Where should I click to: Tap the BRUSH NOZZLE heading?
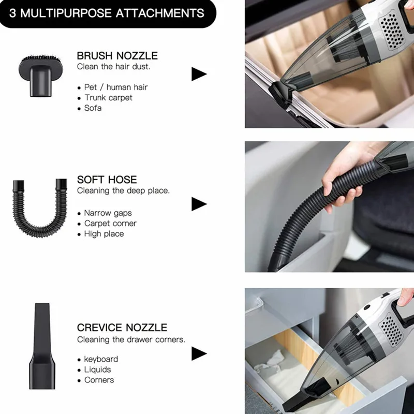[117, 56]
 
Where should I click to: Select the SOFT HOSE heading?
[107, 180]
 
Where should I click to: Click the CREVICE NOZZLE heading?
[122, 328]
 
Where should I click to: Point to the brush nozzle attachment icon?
[41, 76]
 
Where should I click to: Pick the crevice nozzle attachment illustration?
[42, 346]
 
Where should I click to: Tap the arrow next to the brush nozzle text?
[199, 74]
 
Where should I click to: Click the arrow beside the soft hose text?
[199, 204]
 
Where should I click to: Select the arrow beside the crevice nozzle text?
[199, 353]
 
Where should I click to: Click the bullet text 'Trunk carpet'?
[108, 98]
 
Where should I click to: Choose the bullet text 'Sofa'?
[93, 108]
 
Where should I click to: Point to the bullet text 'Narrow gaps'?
[108, 213]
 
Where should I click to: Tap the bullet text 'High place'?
[104, 234]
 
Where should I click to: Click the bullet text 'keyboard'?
[101, 359]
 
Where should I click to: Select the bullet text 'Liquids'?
[97, 369]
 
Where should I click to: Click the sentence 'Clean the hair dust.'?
[113, 67]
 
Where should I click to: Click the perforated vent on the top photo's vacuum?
[392, 30]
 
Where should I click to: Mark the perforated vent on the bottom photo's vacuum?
[391, 330]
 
